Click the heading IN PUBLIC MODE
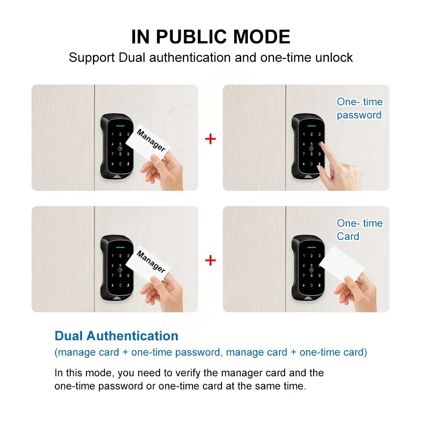[210, 36]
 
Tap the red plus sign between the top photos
[210, 139]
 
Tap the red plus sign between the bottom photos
[210, 260]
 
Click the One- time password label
[360, 108]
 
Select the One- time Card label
[360, 229]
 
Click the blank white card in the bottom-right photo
[341, 264]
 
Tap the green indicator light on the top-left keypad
[120, 126]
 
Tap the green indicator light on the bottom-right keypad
[311, 247]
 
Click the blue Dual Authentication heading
[116, 335]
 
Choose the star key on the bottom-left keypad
[113, 285]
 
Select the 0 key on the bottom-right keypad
[311, 285]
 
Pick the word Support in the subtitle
[92, 58]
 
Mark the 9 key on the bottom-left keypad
[128, 275]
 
